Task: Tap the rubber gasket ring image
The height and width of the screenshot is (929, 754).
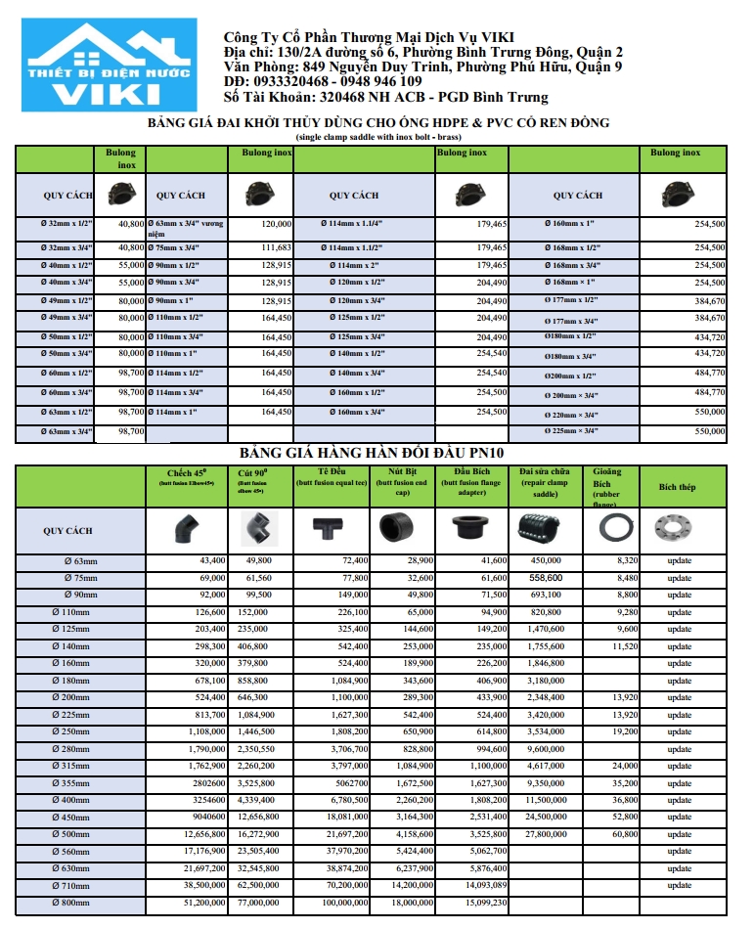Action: click(612, 530)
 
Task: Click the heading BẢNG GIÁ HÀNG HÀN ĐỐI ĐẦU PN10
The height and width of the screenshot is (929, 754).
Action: click(377, 454)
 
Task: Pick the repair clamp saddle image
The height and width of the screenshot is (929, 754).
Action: click(548, 530)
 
